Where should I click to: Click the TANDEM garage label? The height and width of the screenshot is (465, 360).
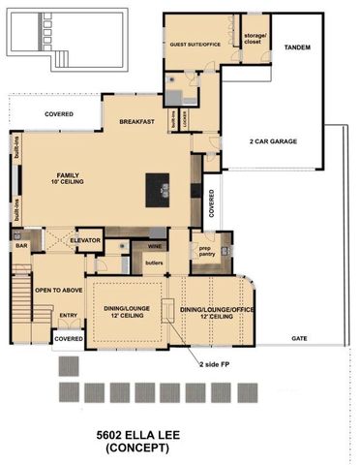tap(297, 46)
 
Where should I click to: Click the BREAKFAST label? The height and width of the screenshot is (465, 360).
tap(138, 122)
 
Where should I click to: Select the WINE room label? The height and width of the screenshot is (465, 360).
tap(153, 247)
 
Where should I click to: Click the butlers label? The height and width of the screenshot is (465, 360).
tap(153, 263)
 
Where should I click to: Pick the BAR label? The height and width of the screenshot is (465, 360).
tap(21, 247)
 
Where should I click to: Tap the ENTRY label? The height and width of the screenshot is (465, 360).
tap(69, 315)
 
